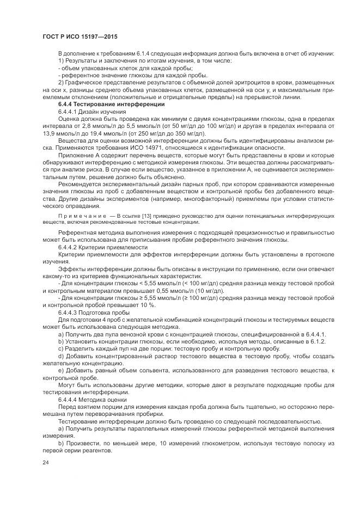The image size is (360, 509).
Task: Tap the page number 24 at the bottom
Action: [46, 462]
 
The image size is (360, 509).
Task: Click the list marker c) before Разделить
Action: [61, 348]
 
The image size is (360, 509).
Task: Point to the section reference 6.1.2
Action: [318, 341]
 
